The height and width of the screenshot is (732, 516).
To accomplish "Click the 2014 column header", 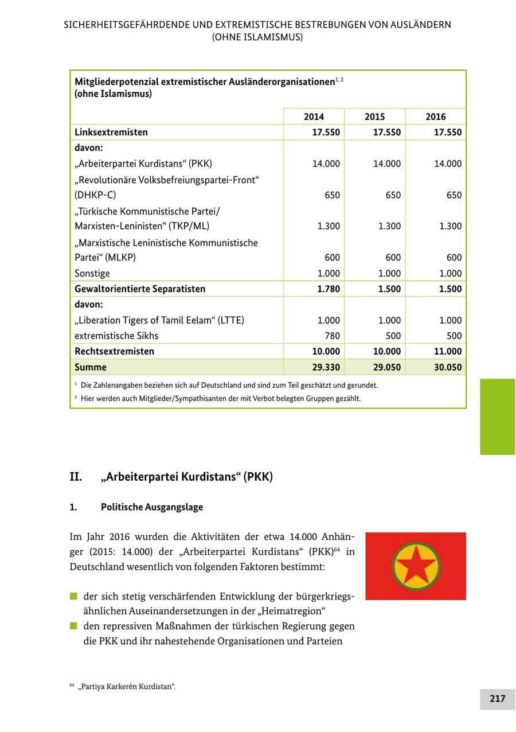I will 314,116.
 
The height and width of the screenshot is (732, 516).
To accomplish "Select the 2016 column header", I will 435,116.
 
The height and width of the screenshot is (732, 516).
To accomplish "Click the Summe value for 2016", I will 447,367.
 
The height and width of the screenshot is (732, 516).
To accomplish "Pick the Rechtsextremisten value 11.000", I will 447,351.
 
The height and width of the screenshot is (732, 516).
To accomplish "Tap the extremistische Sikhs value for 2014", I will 332,336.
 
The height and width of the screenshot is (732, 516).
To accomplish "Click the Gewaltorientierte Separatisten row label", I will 140,289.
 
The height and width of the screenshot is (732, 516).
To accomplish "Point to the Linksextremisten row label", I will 111,132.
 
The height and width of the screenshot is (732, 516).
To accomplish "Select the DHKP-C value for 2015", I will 393,195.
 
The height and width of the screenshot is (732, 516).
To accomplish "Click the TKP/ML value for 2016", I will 450,226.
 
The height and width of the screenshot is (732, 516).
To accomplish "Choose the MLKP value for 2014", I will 332,258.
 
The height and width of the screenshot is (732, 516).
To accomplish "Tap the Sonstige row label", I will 92,273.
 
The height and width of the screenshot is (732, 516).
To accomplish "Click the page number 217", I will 497,698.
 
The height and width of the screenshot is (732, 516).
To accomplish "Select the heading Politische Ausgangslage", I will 151,507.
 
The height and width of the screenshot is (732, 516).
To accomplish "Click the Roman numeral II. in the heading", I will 76,477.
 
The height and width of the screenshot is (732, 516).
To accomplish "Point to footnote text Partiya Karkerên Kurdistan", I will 126,686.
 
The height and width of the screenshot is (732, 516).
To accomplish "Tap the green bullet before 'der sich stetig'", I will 73,596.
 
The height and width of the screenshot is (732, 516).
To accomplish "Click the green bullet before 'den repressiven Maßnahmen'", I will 73,626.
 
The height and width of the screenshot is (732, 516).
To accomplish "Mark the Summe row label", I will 91,367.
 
